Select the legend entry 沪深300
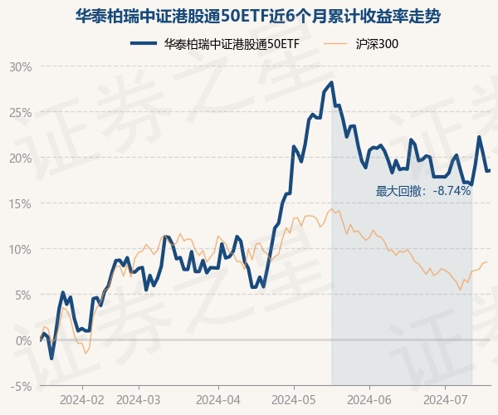(x=366, y=43)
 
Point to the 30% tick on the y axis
(x=20, y=66)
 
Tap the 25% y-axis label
(x=20, y=112)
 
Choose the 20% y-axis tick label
(x=20, y=158)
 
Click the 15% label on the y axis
(x=20, y=203)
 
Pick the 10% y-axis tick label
(x=20, y=249)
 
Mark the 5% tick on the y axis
(x=22, y=295)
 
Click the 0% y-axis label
(x=22, y=340)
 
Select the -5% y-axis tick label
(x=21, y=386)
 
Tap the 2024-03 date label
(x=138, y=399)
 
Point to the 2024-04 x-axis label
(x=217, y=399)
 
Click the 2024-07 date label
(x=446, y=399)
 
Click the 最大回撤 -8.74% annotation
(x=423, y=191)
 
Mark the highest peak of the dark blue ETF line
(x=332, y=82)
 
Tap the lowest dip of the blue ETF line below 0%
(x=51, y=359)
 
